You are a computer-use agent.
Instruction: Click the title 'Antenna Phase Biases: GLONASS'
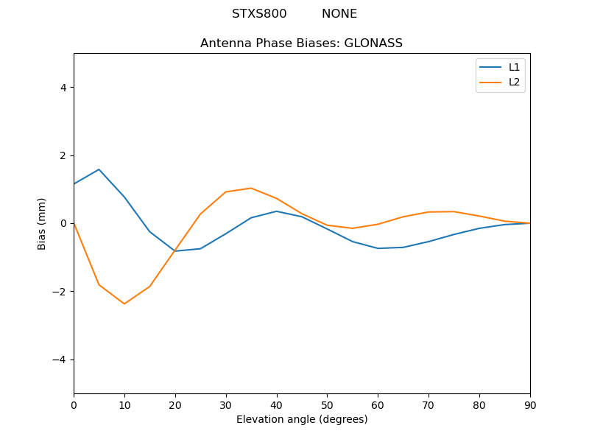[301, 43]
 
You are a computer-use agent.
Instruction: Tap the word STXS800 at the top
[259, 14]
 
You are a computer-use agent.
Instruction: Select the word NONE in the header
[339, 14]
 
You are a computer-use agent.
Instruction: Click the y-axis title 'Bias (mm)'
[42, 223]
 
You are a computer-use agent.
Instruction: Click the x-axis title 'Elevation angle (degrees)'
[301, 420]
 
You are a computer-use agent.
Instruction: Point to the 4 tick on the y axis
[63, 87]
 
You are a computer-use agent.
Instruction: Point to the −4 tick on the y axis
[60, 359]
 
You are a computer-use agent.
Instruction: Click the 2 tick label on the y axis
[63, 155]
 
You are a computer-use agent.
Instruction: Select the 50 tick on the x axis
[327, 404]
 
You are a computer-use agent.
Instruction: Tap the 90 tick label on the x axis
[530, 404]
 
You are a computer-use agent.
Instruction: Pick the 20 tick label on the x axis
[175, 404]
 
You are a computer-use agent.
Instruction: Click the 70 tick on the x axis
[428, 404]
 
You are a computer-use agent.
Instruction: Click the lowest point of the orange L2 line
[124, 304]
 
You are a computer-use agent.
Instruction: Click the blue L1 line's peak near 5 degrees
[99, 169]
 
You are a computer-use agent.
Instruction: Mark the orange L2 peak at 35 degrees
[251, 188]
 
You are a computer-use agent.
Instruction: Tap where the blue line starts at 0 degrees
[74, 183]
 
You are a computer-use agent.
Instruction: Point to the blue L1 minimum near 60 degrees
[378, 248]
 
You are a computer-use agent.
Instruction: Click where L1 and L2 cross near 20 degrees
[174, 250]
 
